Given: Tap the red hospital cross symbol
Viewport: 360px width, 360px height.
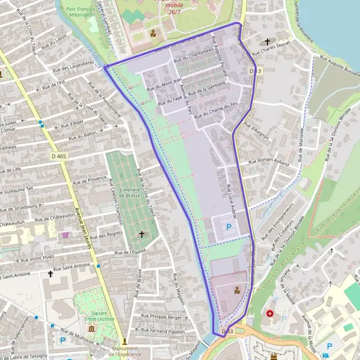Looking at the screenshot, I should point(270,313).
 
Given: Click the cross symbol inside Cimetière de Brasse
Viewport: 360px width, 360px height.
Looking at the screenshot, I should point(142,233).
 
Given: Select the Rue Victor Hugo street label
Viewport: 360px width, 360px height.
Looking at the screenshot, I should point(37,258).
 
